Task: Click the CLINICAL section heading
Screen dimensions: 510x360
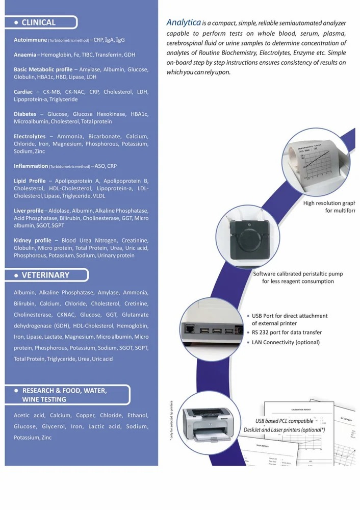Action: point(38,22)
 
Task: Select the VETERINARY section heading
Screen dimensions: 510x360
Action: point(45,275)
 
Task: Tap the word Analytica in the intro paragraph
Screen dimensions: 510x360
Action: point(184,22)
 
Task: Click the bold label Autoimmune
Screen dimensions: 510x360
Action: point(31,40)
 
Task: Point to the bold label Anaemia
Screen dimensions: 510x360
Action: point(25,55)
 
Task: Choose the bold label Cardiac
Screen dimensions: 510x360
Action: point(23,92)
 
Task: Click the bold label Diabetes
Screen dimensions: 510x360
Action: point(25,114)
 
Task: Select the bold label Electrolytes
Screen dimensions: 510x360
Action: point(30,137)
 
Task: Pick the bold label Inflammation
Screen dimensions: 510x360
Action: point(31,166)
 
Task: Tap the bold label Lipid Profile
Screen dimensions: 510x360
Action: point(30,181)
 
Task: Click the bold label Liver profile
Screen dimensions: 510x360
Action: point(29,211)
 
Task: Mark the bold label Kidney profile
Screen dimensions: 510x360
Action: point(33,240)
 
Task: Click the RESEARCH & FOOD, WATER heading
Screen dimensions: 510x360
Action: point(64,391)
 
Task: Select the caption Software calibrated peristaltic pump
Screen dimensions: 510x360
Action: point(298,274)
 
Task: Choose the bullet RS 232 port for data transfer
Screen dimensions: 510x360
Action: point(287,333)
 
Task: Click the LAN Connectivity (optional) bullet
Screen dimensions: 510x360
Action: point(286,342)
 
